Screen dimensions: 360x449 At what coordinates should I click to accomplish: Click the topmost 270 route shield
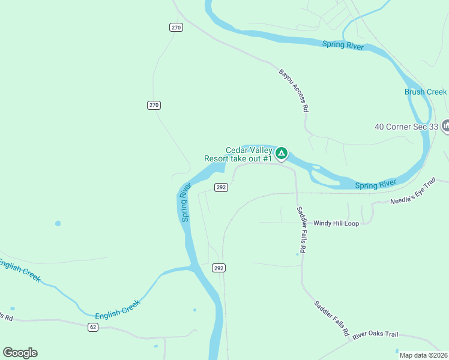[x=175, y=27]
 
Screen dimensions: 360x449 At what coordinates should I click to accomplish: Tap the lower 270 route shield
[x=154, y=105]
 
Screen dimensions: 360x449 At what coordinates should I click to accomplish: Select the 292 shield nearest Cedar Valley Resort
[x=221, y=187]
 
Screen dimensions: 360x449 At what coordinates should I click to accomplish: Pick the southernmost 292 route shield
[x=218, y=268]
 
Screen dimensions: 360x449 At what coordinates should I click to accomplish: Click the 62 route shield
[x=92, y=326]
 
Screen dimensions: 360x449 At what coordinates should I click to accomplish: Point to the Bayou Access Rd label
[x=294, y=91]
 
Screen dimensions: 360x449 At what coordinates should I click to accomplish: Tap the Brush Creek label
[x=425, y=92]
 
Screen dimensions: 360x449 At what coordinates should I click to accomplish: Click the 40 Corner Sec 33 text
[x=406, y=127]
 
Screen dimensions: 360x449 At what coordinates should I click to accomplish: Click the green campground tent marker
[x=281, y=153]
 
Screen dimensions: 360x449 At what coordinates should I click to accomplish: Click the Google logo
[x=20, y=352]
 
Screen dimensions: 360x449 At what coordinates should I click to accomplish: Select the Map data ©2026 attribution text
[x=424, y=355]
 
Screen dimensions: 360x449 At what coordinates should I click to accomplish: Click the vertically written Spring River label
[x=186, y=203]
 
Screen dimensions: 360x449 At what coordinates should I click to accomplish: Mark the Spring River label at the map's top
[x=343, y=45]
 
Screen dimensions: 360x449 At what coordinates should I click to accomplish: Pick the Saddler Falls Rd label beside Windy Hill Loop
[x=302, y=229]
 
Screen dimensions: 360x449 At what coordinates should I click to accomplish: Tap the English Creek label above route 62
[x=118, y=310]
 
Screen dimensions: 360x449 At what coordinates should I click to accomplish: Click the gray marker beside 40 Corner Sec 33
[x=445, y=126]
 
